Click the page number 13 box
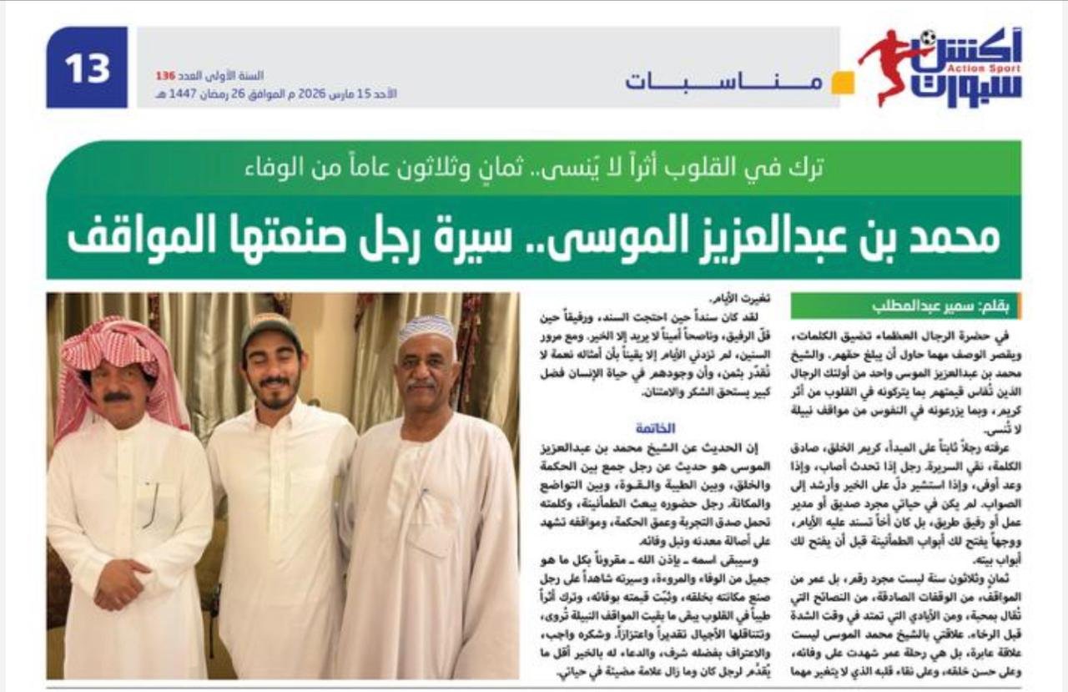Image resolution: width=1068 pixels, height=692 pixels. coord(87,68)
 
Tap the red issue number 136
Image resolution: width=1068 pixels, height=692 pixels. coord(165,76)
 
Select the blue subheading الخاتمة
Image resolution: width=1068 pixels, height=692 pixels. coord(656,428)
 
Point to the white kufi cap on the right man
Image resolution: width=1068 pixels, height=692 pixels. coord(426,327)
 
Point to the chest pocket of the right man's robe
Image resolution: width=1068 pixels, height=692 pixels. coord(435,518)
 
